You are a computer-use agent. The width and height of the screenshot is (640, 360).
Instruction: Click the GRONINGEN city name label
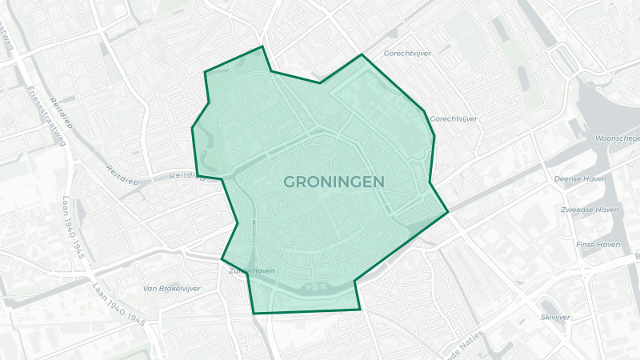pyautogui.click(x=333, y=182)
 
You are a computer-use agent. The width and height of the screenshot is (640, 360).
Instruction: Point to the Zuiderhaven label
pyautogui.click(x=251, y=271)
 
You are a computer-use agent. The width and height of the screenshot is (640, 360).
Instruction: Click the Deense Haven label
pyautogui.click(x=580, y=179)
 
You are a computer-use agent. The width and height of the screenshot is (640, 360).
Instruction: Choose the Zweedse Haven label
pyautogui.click(x=590, y=210)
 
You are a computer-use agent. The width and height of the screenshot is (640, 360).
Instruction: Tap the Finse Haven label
pyautogui.click(x=598, y=244)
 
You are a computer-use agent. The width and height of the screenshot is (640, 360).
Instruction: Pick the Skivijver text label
pyautogui.click(x=555, y=317)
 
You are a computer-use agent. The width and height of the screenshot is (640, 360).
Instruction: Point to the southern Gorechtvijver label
pyautogui.click(x=454, y=118)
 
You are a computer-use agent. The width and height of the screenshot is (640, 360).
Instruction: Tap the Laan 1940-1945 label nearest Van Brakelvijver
pyautogui.click(x=118, y=305)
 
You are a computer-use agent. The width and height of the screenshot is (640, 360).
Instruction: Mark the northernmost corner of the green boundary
pyautogui.click(x=262, y=46)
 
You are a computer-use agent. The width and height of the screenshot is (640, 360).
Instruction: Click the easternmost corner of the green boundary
pyautogui.click(x=448, y=212)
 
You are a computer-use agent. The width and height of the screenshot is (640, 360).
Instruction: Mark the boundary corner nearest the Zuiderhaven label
pyautogui.click(x=222, y=258)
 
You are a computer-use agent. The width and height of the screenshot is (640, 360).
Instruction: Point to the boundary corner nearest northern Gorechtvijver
pyautogui.click(x=362, y=54)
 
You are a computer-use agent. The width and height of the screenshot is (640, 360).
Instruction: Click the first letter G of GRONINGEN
pyautogui.click(x=290, y=182)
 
